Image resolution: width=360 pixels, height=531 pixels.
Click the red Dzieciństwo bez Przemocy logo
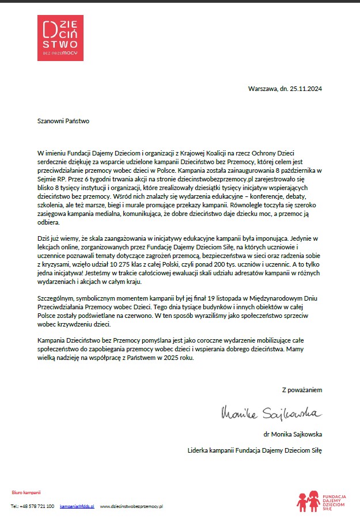point(60,38)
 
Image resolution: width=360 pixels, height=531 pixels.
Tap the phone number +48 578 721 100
point(37,506)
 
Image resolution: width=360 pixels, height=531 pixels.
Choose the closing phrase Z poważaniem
point(302,390)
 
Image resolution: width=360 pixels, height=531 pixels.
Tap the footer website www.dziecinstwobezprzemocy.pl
point(132,506)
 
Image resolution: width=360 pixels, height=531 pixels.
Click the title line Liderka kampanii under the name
point(211,450)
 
